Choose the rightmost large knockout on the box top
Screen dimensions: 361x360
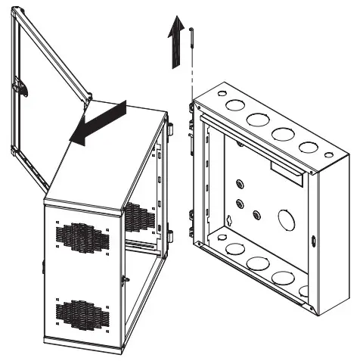pos(308,147)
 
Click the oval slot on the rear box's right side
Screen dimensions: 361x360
pos(314,244)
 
